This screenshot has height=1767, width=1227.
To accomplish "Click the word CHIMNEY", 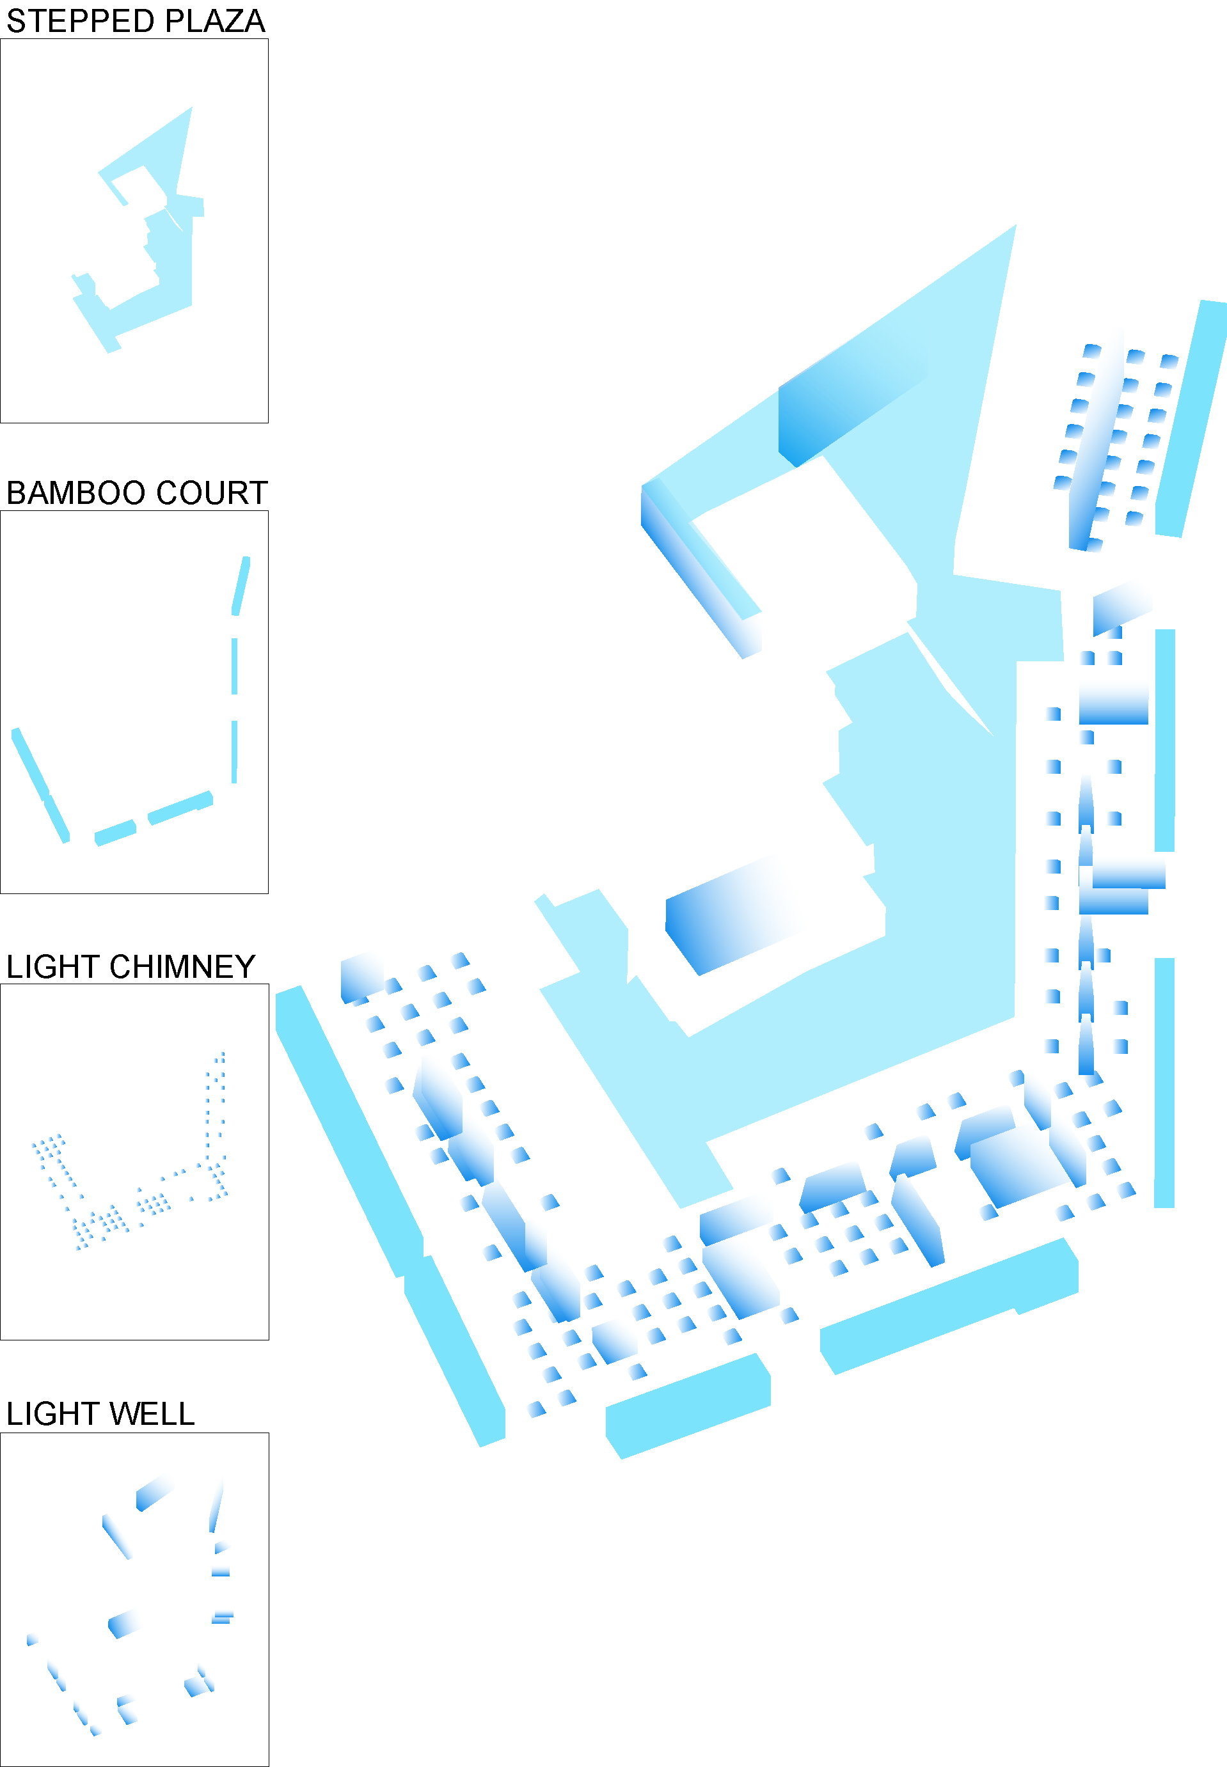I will click(x=182, y=967).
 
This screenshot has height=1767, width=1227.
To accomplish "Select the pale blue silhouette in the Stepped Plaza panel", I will click(x=173, y=254).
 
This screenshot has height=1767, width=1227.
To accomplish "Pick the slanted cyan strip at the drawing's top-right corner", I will click(x=1190, y=419).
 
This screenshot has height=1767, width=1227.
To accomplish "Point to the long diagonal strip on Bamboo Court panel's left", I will click(x=40, y=784).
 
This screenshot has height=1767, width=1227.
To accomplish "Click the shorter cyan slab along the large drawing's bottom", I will click(x=688, y=1406).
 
